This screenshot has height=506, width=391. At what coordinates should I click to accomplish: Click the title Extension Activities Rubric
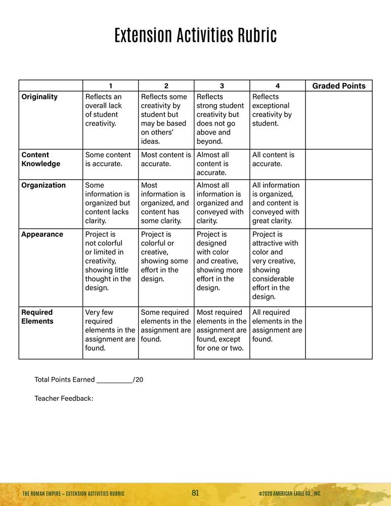[195, 36]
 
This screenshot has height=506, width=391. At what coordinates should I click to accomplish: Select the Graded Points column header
[338, 86]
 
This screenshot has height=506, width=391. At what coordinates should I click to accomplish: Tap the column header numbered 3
[222, 86]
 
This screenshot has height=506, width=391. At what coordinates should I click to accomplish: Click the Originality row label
[39, 97]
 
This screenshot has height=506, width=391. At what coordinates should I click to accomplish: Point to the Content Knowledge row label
[40, 159]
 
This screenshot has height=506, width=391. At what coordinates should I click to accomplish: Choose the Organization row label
[44, 185]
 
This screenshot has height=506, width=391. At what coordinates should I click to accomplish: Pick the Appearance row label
[42, 234]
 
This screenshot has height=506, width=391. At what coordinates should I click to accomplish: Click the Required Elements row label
[37, 317]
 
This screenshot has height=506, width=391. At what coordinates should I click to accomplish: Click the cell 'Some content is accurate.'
[108, 159]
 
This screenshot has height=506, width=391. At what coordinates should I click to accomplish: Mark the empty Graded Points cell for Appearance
[338, 266]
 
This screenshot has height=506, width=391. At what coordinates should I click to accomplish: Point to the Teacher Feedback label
[64, 399]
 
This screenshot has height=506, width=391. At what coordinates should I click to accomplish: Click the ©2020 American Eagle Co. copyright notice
[289, 494]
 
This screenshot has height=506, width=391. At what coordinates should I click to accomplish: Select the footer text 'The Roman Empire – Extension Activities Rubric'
[73, 494]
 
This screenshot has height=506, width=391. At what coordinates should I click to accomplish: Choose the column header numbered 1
[110, 86]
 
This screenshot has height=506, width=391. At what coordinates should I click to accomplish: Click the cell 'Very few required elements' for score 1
[110, 330]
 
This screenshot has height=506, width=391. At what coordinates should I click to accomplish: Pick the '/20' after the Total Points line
[138, 379]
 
